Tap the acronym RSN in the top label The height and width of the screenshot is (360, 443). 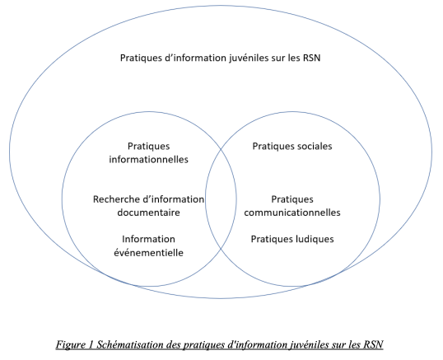[x=311, y=58]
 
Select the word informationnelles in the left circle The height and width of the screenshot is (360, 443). [x=148, y=159]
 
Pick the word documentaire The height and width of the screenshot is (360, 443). [x=148, y=213]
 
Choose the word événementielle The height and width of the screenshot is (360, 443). [x=148, y=252]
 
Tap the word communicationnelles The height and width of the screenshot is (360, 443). [x=292, y=213]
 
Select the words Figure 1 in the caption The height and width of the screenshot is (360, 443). [x=75, y=344]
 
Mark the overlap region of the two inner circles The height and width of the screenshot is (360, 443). [x=221, y=199]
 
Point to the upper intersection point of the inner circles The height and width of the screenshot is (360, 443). [x=221, y=148]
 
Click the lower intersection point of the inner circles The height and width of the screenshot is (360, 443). [x=221, y=250]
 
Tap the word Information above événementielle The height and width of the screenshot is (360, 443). [x=148, y=239]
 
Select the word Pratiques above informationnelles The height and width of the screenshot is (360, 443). [x=148, y=147]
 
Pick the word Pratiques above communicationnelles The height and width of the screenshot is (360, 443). [x=292, y=199]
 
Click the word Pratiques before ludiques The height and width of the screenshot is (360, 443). [x=272, y=240]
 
